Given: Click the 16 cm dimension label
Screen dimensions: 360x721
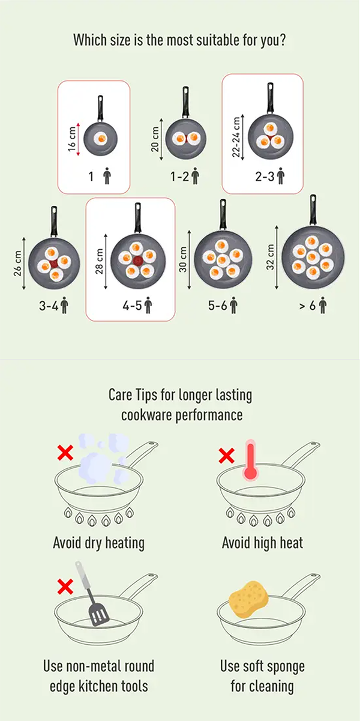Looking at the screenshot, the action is pos(72,139).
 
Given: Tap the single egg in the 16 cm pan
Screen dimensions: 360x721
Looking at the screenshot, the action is pos(100,139).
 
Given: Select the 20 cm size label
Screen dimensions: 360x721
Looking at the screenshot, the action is pos(155,139).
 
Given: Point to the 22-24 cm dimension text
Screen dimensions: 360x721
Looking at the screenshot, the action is pos(236,137).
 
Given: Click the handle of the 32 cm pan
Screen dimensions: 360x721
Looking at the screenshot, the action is pos(313,210).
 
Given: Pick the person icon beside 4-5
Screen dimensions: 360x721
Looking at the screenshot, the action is pos(148,305).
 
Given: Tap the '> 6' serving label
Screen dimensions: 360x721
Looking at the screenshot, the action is pos(308,306).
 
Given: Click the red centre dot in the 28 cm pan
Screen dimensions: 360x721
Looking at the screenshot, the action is pos(137,261).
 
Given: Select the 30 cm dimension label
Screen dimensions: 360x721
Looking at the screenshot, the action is pos(184,259).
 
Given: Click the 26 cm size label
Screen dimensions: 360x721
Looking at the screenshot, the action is pos(17,263).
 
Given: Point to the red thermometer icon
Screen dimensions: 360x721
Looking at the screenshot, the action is pos(250,460).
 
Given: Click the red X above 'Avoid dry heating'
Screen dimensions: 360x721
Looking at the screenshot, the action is pos(65,453).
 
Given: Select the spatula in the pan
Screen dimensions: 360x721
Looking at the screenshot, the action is pos(92,594).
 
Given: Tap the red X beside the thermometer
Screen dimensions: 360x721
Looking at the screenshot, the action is pos(226,456).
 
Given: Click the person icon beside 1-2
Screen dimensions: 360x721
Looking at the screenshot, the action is pos(195,176).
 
